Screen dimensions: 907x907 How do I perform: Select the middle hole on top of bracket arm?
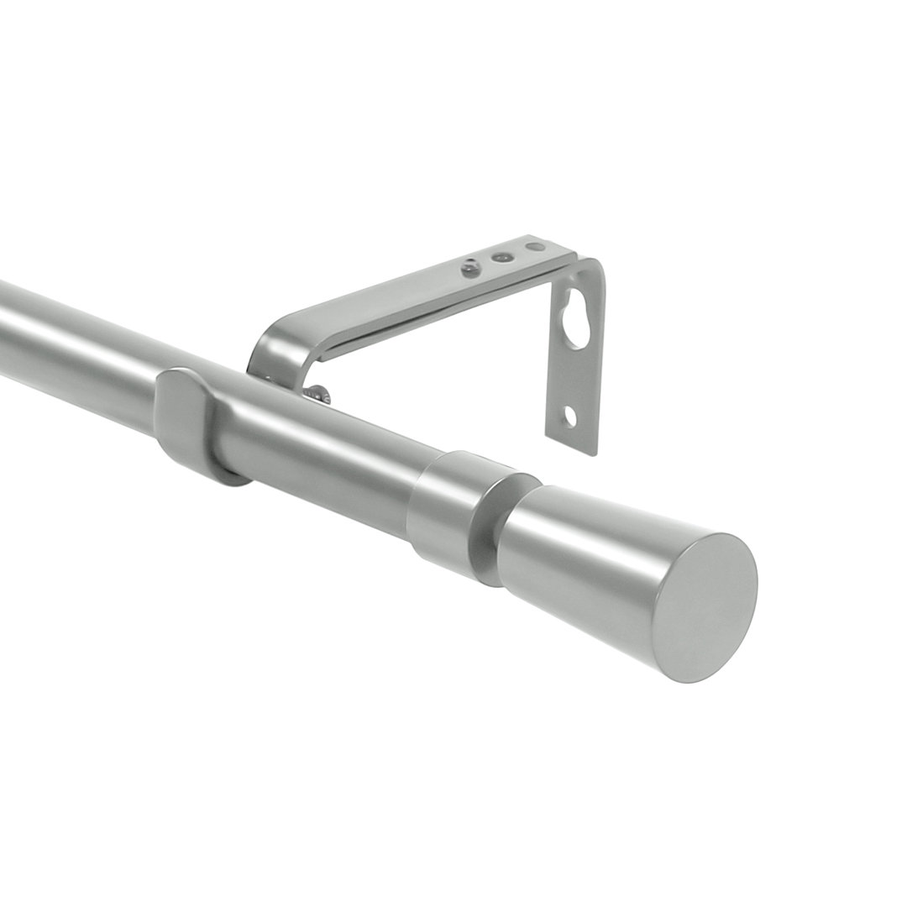[502, 257]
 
